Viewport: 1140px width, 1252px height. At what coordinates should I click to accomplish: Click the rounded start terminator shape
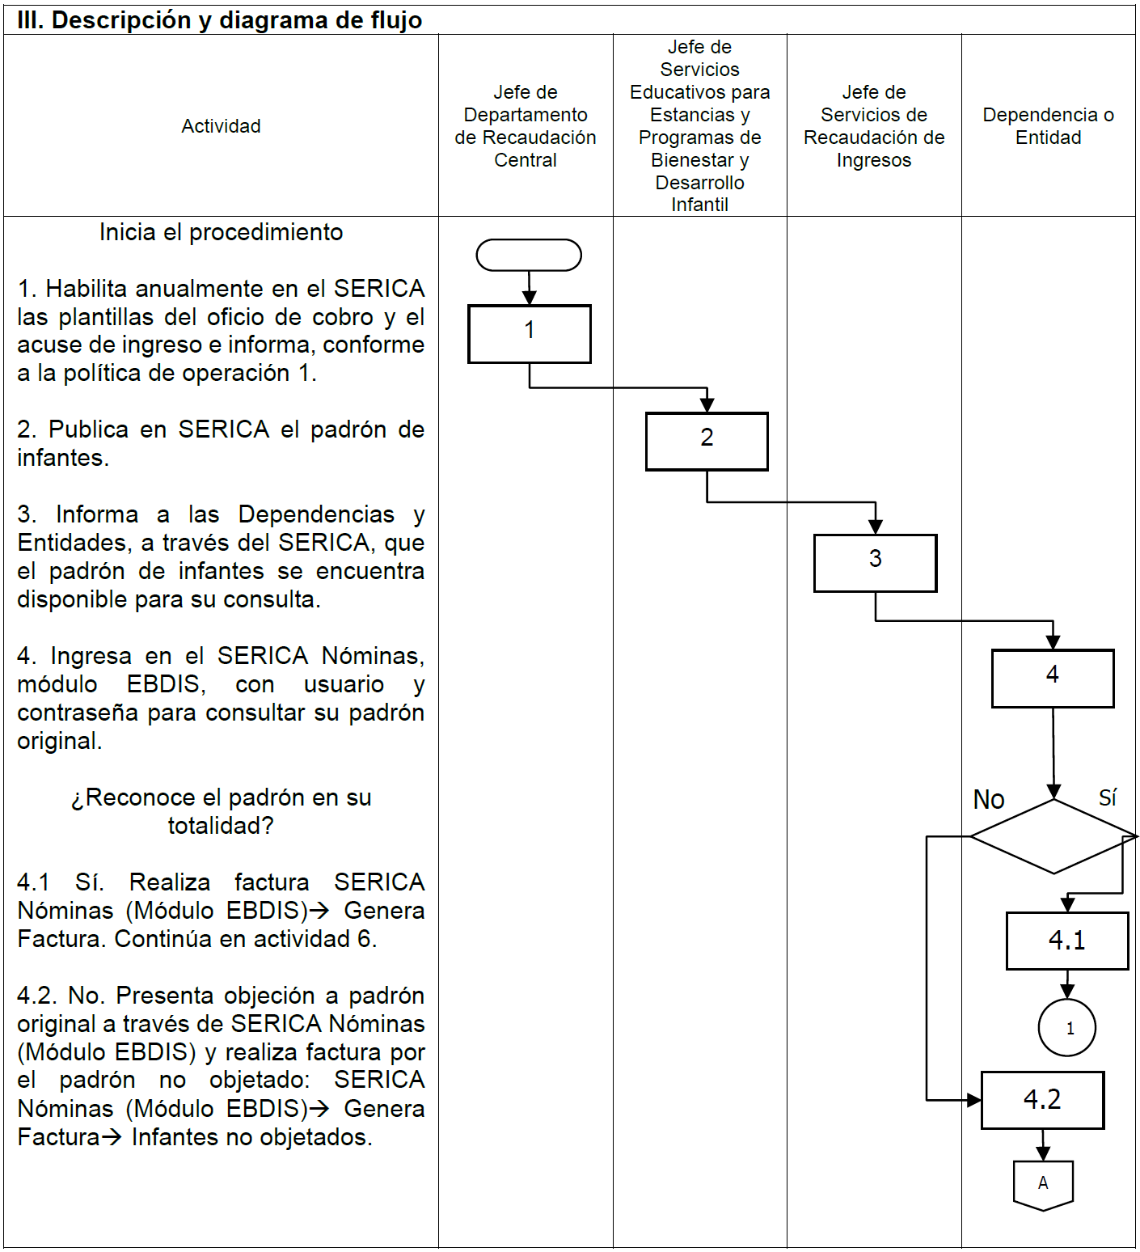click(529, 255)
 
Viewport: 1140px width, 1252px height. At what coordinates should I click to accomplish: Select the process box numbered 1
click(529, 333)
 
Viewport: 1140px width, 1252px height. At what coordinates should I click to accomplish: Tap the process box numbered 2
click(707, 441)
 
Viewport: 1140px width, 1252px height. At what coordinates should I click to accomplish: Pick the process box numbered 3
click(875, 562)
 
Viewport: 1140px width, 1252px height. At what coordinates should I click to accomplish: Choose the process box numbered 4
click(1053, 678)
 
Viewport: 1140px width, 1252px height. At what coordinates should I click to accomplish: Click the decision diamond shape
click(1053, 836)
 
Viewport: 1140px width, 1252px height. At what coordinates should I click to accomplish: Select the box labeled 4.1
click(1067, 941)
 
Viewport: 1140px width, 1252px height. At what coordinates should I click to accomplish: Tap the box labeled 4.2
click(1042, 1100)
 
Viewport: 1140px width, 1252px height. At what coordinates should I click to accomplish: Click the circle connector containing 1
click(1067, 1028)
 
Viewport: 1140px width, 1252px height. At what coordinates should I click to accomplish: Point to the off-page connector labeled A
click(1043, 1184)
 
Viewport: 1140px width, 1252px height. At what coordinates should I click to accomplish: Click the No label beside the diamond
click(988, 800)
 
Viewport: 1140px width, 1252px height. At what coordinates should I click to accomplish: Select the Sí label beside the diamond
click(1108, 797)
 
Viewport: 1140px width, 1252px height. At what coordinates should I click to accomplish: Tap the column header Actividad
click(221, 126)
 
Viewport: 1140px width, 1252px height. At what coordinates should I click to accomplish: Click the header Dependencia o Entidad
click(1048, 126)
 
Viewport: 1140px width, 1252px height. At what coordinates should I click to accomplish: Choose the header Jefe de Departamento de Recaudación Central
click(526, 126)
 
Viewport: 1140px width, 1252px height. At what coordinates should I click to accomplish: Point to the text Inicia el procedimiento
click(221, 232)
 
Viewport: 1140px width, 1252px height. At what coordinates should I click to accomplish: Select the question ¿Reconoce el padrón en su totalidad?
click(221, 811)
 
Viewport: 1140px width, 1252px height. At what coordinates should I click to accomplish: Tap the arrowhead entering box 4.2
click(973, 1100)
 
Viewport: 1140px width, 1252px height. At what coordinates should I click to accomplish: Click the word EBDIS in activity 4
click(166, 684)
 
